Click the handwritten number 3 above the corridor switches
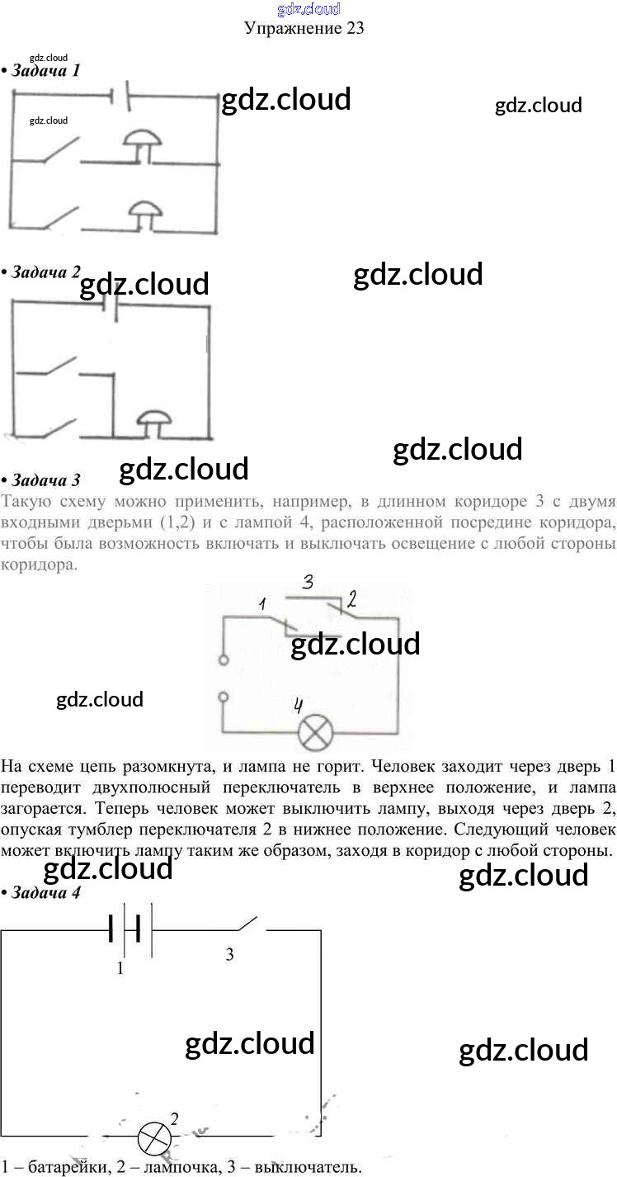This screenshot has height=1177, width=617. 307,582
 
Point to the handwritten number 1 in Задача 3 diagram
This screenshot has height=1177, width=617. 262,605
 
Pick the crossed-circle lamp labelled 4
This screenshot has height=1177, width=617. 313,733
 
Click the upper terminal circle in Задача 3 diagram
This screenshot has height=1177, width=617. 223,660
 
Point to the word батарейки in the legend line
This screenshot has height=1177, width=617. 54,1167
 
